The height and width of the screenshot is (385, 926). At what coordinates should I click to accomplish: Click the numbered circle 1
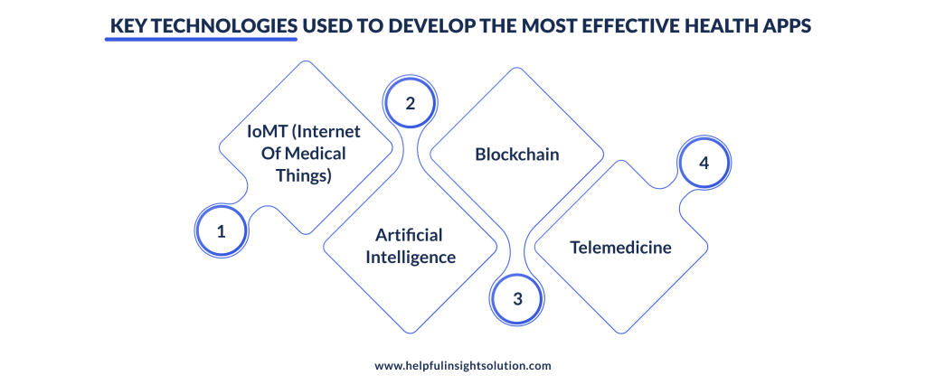point(221,231)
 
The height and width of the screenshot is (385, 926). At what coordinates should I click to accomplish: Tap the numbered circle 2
point(410,103)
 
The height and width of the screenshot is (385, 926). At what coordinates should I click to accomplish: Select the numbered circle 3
point(517,298)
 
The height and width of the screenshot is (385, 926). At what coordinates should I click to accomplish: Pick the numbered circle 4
point(704,164)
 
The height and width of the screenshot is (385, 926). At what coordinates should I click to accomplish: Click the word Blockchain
point(517,155)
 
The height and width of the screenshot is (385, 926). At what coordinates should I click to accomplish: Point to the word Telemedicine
point(620,247)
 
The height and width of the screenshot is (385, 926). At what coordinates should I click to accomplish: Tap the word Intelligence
point(410,257)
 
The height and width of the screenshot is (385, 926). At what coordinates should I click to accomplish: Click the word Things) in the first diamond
point(304,175)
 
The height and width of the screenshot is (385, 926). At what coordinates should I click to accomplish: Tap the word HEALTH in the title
point(723,26)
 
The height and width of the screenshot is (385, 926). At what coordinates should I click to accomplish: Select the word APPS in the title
point(787,26)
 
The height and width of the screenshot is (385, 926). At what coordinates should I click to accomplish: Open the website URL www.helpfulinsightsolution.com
point(462,366)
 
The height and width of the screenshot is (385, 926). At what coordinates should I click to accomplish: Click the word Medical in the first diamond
point(315,154)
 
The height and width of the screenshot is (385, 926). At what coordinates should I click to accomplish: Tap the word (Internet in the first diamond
point(327,131)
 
